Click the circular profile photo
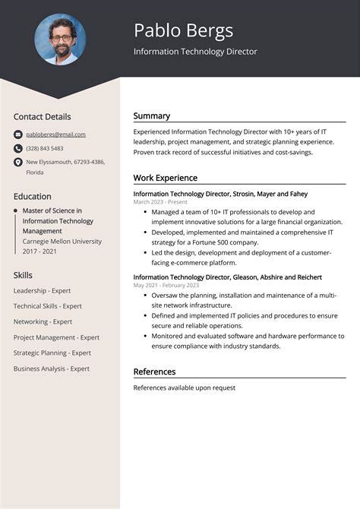coord(60,39)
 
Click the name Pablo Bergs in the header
coord(183,30)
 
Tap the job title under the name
coord(195,52)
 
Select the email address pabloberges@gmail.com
coord(55,134)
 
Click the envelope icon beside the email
coord(18,134)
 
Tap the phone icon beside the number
coord(18,148)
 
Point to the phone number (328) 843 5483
coord(45,148)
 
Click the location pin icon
coord(18,163)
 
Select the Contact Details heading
coord(42,116)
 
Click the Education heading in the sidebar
coord(32,196)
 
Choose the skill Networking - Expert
coord(43,321)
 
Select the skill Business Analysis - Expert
coord(51,368)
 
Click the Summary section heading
coord(152,116)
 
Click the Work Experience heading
coord(165,178)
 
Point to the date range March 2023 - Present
coord(159,203)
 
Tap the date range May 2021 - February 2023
coord(166,286)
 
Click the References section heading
coord(154,371)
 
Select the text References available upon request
coord(185,387)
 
